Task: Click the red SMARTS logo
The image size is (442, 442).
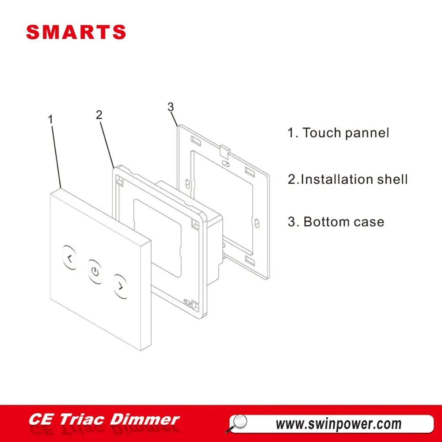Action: click(x=76, y=32)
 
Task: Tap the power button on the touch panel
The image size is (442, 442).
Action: click(x=95, y=271)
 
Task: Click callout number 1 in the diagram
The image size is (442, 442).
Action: click(x=51, y=119)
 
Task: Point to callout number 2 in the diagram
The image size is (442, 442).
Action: click(x=99, y=115)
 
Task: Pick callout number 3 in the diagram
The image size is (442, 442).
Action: click(x=171, y=107)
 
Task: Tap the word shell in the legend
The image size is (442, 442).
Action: click(x=391, y=179)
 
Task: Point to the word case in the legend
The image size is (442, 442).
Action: click(x=369, y=222)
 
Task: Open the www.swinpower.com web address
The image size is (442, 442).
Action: click(x=339, y=424)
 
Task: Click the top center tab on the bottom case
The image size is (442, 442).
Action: click(x=225, y=152)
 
